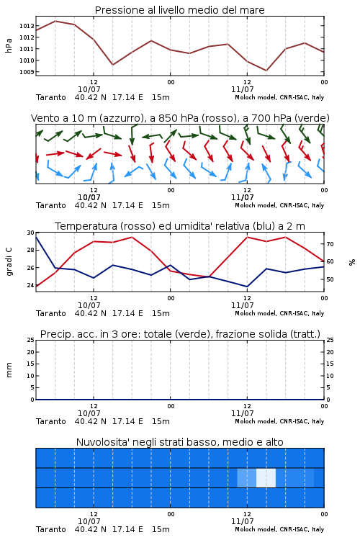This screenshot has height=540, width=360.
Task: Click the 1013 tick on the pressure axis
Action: click(27, 26)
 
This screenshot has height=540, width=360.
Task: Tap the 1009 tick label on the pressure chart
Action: click(27, 72)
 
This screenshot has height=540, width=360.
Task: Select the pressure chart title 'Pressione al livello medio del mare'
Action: click(180, 10)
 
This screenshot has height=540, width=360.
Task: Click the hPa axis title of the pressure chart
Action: click(9, 45)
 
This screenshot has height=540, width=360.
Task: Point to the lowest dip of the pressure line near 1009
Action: click(266, 71)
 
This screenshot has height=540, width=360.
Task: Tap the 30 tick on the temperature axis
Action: click(30, 233)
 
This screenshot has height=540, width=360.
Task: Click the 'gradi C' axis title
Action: click(9, 261)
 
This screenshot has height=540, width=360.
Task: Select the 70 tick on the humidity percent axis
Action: click(330, 244)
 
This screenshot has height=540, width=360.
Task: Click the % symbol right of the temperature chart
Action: click(352, 262)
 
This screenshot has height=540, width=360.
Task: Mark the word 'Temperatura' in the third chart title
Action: click(86, 226)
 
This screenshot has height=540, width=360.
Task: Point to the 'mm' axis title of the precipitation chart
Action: click(9, 370)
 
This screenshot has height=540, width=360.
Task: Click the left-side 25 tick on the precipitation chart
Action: click(30, 340)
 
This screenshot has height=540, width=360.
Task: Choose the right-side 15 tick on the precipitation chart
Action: click(330, 364)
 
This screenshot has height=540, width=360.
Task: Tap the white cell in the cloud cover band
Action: click(266, 477)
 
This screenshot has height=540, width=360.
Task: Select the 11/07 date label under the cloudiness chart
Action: click(242, 521)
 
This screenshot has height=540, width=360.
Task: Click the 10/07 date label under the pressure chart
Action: click(89, 89)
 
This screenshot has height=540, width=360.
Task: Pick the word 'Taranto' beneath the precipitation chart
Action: click(50, 421)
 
